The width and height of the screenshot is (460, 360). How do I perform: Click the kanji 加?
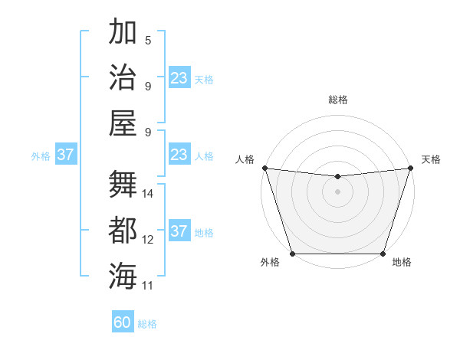click(123, 33)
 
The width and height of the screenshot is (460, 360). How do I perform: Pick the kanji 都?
click(123, 231)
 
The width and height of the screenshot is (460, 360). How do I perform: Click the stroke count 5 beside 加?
click(148, 41)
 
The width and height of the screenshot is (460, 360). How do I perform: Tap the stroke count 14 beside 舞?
click(148, 194)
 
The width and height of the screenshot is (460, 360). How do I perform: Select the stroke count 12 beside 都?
click(148, 240)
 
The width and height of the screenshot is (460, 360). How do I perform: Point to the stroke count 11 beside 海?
click(148, 285)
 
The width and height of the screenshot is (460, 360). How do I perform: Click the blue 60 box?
click(123, 322)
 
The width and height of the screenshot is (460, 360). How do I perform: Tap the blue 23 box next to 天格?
click(179, 78)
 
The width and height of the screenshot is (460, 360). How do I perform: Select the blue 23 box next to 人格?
click(179, 155)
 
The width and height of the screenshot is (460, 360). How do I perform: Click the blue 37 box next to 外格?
click(65, 155)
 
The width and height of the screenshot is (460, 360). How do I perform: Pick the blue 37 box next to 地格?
click(179, 231)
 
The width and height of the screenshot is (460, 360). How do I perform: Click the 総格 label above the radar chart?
click(337, 100)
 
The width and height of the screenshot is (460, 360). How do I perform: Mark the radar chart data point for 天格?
click(410, 168)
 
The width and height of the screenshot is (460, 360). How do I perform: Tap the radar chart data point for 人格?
click(264, 168)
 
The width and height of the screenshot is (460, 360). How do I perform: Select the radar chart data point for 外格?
click(292, 253)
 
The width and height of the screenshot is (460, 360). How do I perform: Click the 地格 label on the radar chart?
click(402, 263)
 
